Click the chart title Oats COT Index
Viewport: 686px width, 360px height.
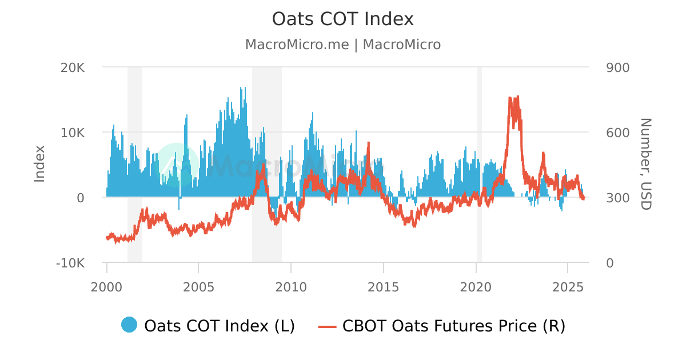(342, 19)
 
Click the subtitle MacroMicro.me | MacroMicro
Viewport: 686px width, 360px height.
(342, 45)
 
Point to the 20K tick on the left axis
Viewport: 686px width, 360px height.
(73, 67)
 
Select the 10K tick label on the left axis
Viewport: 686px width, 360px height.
(73, 133)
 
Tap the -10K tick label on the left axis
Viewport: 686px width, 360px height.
(70, 263)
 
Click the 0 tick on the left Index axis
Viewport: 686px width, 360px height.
(81, 198)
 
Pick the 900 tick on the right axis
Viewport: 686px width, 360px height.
(617, 67)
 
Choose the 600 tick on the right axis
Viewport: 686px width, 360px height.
(617, 133)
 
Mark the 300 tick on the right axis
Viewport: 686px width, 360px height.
(617, 198)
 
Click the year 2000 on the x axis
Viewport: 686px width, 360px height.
(106, 286)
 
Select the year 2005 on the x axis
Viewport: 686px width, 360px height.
(198, 286)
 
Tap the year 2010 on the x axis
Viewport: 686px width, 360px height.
(291, 286)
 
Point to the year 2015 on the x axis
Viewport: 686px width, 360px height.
(383, 286)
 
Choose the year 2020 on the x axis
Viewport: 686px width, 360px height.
(476, 286)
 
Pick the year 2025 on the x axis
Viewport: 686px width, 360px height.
(568, 286)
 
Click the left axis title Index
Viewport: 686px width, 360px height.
(39, 164)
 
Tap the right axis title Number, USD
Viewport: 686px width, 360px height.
(645, 164)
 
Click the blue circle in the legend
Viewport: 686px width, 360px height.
(129, 325)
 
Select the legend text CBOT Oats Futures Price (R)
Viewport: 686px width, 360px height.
(453, 326)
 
